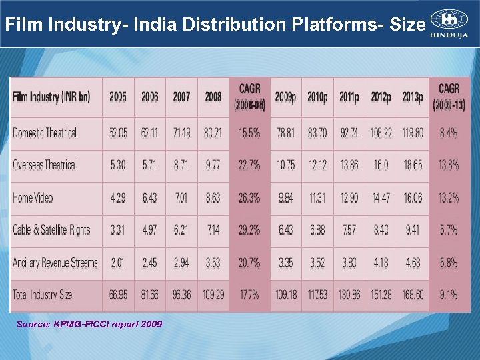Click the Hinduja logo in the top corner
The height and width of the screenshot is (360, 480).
(x=449, y=24)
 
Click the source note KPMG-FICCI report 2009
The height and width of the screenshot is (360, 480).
(x=89, y=324)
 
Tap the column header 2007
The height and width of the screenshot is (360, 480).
(x=181, y=97)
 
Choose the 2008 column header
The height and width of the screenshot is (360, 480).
(x=213, y=97)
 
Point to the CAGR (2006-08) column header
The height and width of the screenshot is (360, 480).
(x=249, y=97)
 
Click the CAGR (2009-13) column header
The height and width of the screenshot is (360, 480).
(x=448, y=97)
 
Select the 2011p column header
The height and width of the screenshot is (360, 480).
(x=349, y=97)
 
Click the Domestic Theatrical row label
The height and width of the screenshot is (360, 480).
(x=45, y=133)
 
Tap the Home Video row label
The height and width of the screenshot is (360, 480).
(x=33, y=197)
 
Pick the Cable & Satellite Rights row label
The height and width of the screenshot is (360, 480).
(x=51, y=230)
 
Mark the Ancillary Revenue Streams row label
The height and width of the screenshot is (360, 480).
(x=55, y=263)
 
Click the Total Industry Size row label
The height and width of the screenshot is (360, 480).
(x=42, y=295)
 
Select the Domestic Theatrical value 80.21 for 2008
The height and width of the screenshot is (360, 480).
(x=213, y=133)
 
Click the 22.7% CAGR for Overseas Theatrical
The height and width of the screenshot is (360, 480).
(x=249, y=165)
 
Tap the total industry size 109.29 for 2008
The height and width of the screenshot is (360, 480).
(x=213, y=295)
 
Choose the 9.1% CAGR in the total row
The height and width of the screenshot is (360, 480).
(x=448, y=295)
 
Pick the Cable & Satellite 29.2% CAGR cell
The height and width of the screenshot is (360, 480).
(x=249, y=230)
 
